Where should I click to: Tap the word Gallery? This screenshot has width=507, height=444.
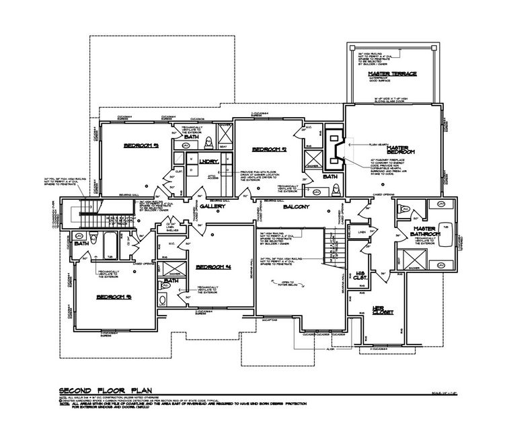(212, 207)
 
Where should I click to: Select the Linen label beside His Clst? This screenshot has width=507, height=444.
(361, 232)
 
